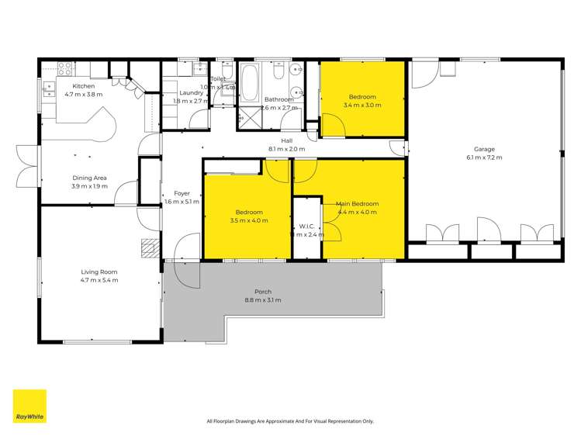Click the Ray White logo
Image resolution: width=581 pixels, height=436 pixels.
point(29,406)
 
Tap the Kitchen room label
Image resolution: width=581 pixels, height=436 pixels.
point(84,85)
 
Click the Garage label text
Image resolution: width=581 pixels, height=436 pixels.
point(484,149)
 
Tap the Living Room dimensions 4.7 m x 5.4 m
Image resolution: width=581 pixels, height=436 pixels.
point(99,280)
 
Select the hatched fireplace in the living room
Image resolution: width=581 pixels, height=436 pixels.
point(150,247)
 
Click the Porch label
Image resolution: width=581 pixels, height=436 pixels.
point(263,292)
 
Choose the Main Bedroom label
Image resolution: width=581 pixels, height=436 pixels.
point(356,204)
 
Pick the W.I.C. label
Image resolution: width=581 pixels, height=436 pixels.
point(306,227)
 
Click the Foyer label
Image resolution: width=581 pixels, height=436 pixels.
point(182,193)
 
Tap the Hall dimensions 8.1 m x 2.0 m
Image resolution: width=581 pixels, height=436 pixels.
point(286,149)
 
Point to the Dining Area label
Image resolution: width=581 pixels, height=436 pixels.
point(90,178)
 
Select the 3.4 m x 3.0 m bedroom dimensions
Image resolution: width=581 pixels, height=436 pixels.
point(362,106)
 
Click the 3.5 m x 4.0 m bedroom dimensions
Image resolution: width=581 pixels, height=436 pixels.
point(249,220)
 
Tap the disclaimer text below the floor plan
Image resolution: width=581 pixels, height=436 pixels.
point(290,421)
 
